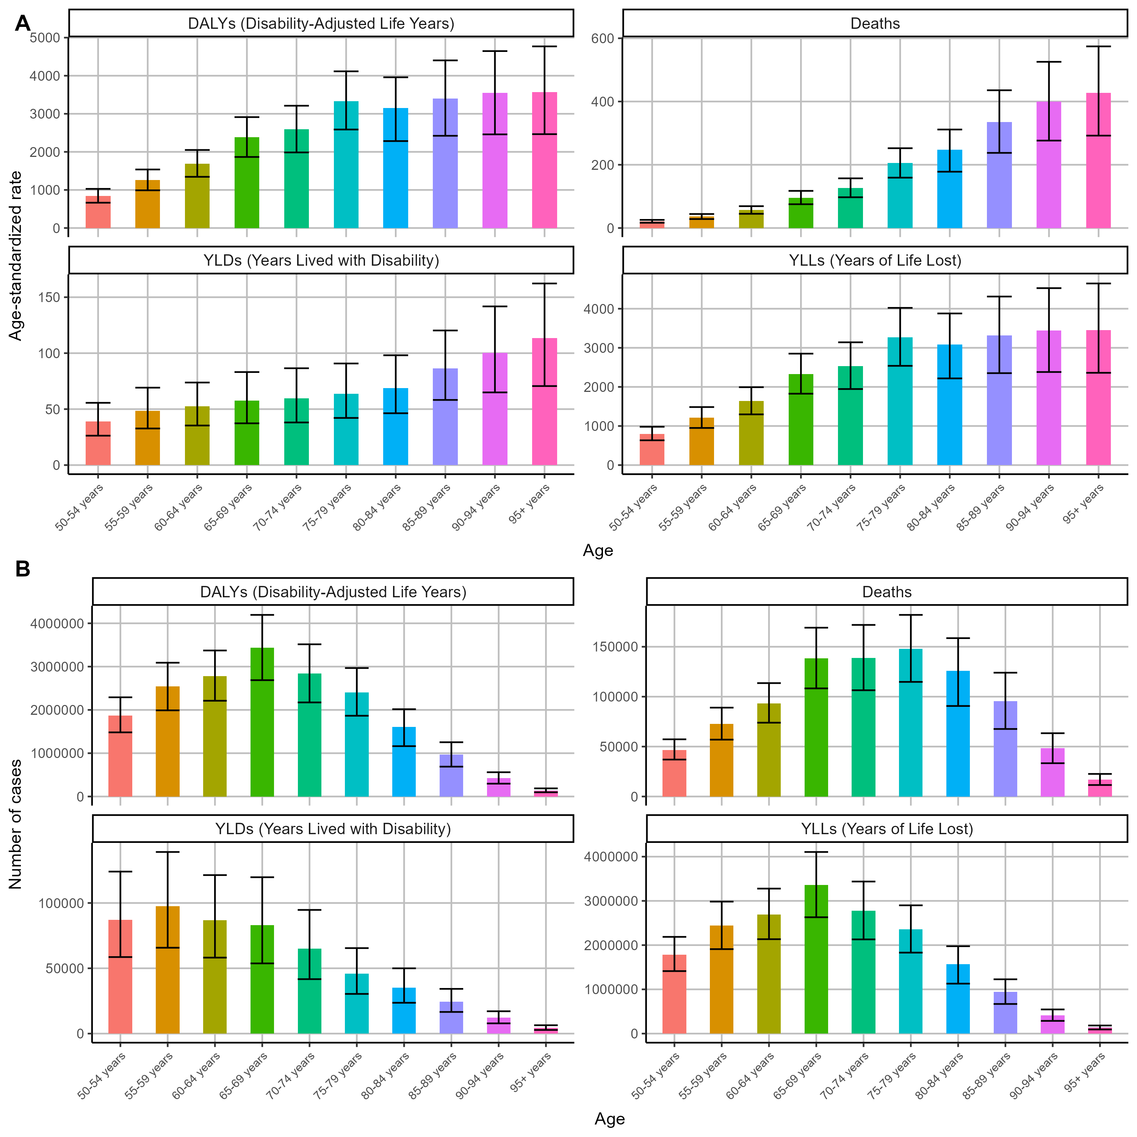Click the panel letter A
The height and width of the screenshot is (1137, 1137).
point(22,23)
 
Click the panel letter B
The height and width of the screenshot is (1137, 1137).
point(22,569)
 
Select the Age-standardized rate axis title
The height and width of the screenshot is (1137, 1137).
point(16,255)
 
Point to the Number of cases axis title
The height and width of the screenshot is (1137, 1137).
point(16,824)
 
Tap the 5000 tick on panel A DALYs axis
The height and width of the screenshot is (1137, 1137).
point(45,38)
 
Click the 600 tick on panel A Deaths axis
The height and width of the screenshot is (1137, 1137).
point(602,38)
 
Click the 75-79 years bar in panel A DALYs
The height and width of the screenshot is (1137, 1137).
point(346,165)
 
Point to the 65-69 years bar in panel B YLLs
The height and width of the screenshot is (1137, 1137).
point(816,959)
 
